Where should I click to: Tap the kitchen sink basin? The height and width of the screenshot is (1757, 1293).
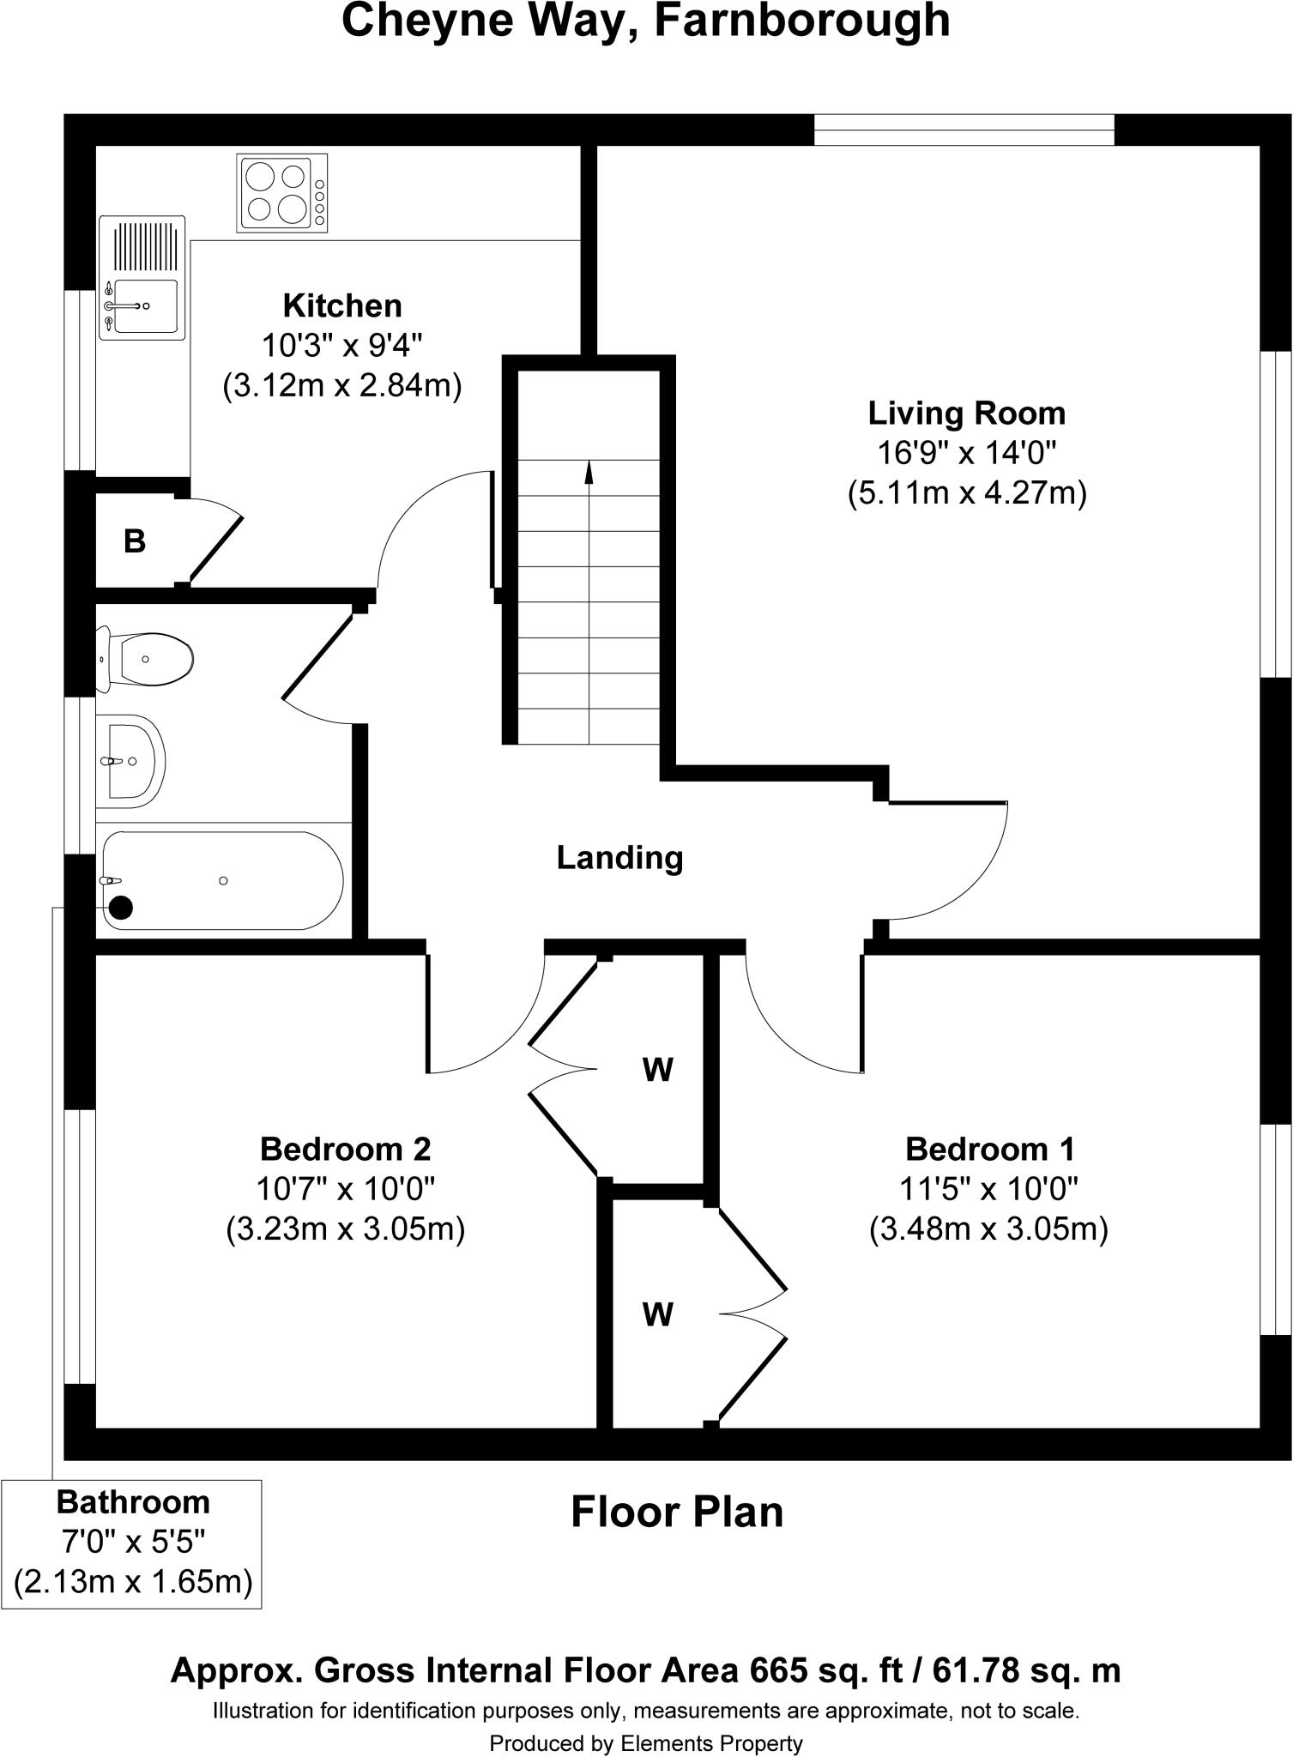click(x=145, y=305)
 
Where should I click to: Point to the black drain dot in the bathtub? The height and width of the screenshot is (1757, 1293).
click(x=121, y=907)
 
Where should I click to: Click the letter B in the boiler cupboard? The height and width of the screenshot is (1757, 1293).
click(x=135, y=541)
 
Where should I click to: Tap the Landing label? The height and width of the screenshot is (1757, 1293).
click(x=619, y=857)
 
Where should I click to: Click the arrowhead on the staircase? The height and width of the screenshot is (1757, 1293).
click(x=589, y=470)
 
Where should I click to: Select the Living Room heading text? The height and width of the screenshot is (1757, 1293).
click(x=966, y=413)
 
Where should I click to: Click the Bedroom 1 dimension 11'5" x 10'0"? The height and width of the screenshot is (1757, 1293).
click(x=988, y=1189)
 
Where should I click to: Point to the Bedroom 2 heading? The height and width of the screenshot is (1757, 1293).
click(x=345, y=1148)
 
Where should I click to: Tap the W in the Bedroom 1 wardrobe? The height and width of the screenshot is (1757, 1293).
click(x=657, y=1313)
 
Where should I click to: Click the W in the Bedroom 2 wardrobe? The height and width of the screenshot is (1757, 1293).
click(x=657, y=1069)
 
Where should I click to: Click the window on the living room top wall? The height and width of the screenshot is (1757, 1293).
click(x=963, y=130)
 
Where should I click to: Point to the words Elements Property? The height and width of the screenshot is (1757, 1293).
click(x=711, y=1743)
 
